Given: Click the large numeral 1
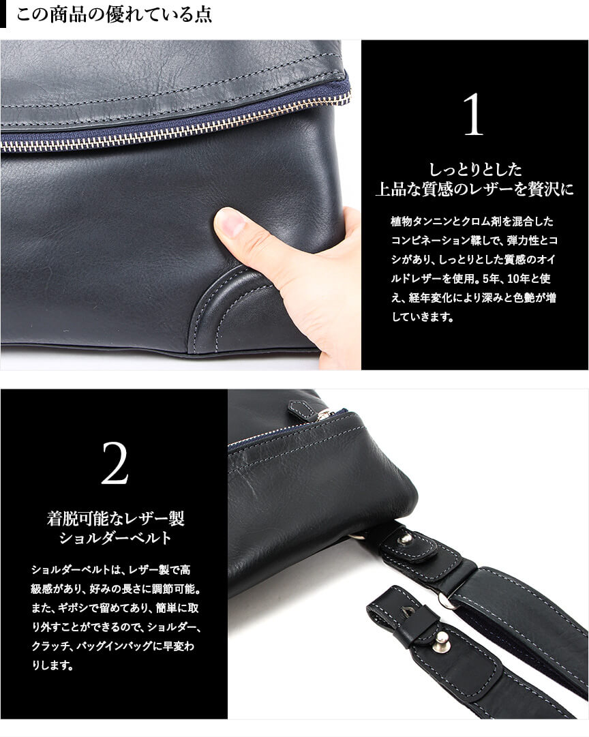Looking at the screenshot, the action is click(x=473, y=115).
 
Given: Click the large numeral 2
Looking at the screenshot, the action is click(x=115, y=463).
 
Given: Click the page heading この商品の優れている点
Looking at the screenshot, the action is click(x=114, y=14).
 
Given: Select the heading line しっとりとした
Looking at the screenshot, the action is click(x=474, y=169).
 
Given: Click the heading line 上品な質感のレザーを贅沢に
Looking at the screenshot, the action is click(x=474, y=190).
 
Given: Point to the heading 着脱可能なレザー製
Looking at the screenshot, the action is click(x=115, y=518).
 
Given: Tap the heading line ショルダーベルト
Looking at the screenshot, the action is click(x=115, y=538).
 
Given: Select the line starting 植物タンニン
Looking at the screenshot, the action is click(x=472, y=222).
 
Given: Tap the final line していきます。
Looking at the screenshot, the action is click(x=423, y=317).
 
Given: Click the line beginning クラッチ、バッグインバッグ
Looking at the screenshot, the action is click(x=112, y=646).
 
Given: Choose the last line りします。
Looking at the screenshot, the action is click(x=52, y=665).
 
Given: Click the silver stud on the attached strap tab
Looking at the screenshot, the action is click(x=405, y=538).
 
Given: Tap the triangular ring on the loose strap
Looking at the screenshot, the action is click(x=405, y=609).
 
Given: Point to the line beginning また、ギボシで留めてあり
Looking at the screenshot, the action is click(x=115, y=608).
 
